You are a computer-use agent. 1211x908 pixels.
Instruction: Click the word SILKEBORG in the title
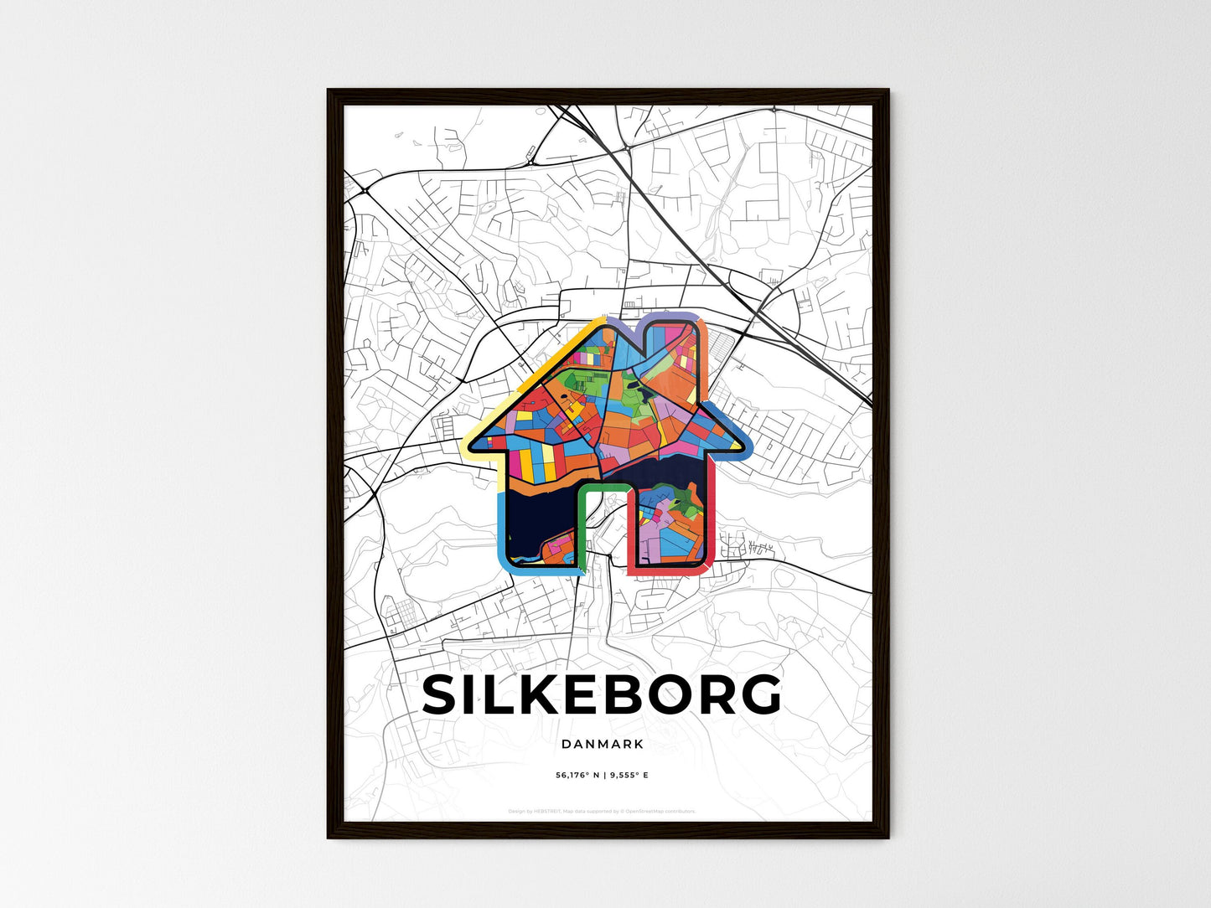coord(602,695)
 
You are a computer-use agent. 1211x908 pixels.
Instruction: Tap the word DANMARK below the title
coord(603,744)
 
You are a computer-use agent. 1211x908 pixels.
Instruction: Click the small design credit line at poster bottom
coord(602,812)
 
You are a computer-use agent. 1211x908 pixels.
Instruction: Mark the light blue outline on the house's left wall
coord(500,528)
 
